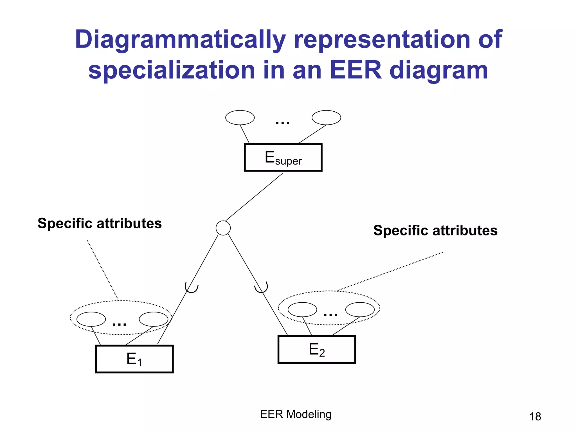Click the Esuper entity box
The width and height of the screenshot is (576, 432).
coord(283,157)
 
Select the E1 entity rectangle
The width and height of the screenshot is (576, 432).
coord(134,359)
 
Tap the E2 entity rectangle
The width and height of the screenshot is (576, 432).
coord(317,349)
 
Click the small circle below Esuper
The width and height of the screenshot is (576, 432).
coord(223,228)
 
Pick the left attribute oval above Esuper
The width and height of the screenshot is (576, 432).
coord(240,118)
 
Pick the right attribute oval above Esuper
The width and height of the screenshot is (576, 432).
coord(326,118)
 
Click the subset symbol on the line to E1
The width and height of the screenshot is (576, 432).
coord(192,288)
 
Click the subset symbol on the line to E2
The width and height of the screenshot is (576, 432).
coord(261,288)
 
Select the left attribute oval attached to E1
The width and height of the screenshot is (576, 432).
coord(91,319)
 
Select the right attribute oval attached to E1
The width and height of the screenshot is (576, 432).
coord(154,319)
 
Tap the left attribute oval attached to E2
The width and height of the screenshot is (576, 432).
coord(302,310)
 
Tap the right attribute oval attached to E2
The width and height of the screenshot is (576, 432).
coord(360,310)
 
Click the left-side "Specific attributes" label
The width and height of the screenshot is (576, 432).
coord(100,223)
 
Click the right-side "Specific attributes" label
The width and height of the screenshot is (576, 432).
coord(435,230)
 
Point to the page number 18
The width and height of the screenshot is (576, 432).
coord(535,417)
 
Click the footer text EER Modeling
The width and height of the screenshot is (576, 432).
coord(296,414)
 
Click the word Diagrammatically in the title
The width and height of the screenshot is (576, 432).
coord(180,40)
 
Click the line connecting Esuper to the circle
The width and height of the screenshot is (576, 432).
coord(255,197)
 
